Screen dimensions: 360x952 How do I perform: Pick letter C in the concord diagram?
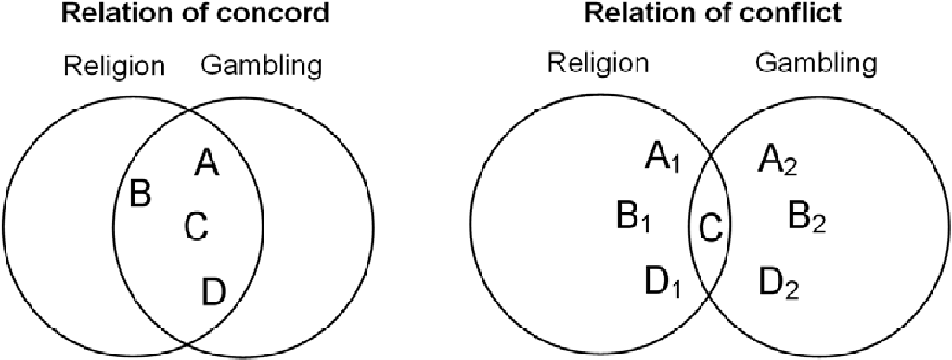tap(196, 226)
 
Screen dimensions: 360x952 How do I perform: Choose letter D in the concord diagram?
tap(212, 293)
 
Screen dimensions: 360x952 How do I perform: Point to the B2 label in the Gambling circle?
tap(805, 219)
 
